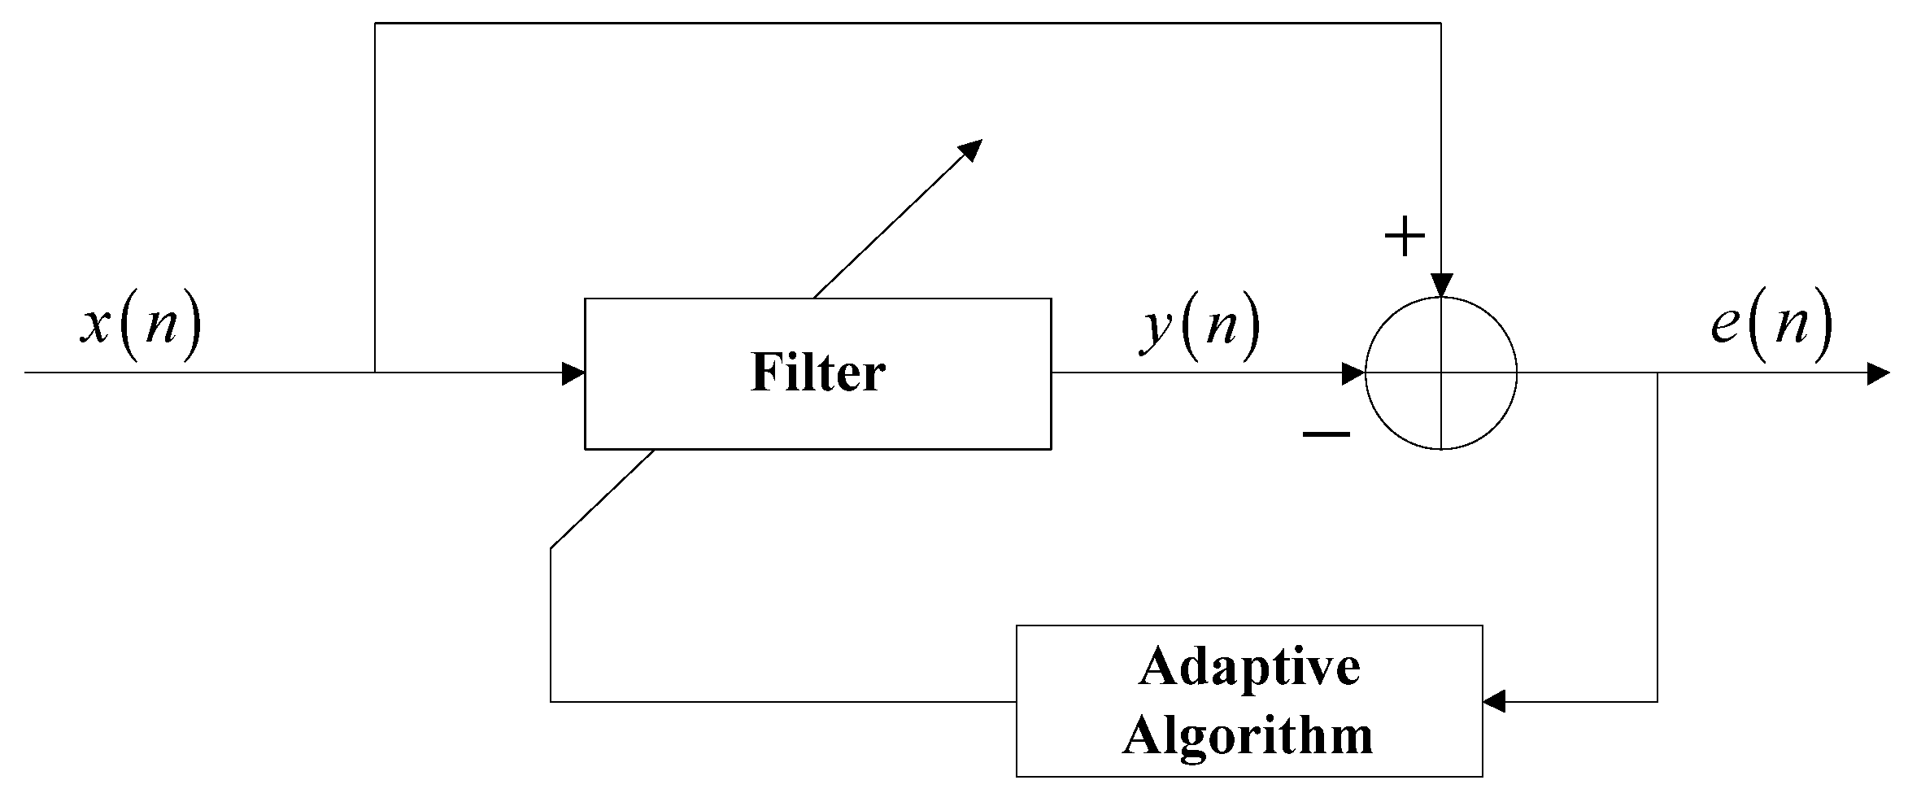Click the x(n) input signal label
(140, 325)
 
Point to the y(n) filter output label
(1200, 325)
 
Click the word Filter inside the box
(817, 373)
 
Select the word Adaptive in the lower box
(1249, 669)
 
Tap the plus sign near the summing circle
(1405, 238)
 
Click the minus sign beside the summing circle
(1326, 435)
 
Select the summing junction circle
(1441, 373)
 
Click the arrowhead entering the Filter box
(574, 373)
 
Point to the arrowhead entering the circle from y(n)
(1354, 373)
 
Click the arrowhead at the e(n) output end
(1879, 373)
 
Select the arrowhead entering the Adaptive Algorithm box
(1494, 700)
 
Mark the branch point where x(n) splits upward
(375, 373)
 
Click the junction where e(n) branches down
(1658, 373)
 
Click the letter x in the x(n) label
(96, 325)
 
